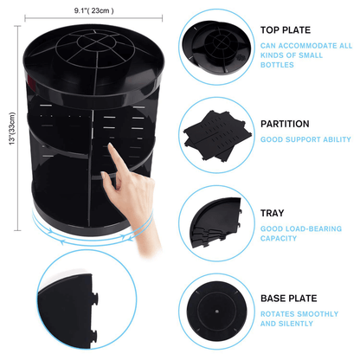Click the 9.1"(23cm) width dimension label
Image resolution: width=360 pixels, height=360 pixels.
93,10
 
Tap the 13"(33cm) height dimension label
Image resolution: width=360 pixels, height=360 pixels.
12,129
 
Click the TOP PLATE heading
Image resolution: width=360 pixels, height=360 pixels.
286,30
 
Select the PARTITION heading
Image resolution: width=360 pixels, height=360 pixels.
285,124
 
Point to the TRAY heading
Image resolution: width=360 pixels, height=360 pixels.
272,213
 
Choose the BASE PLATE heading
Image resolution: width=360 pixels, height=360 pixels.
288,299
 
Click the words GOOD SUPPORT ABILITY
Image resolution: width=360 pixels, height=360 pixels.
305,139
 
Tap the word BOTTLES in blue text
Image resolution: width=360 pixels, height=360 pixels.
277,65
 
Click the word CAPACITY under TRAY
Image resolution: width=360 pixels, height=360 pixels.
279,239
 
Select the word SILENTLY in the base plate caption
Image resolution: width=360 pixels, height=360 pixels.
300,324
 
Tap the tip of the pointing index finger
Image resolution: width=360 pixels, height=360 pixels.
110,145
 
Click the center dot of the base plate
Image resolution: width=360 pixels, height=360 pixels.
216,312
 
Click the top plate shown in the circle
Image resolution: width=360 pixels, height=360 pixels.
216,47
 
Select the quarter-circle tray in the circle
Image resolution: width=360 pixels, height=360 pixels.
215,222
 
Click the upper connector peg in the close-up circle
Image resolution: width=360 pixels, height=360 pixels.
94,299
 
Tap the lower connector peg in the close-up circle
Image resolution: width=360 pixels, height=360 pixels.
94,337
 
